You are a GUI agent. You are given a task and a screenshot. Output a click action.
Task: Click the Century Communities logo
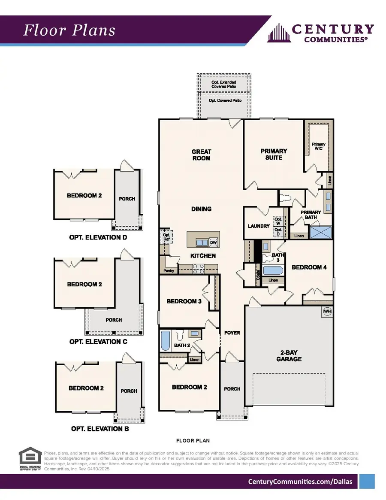click(x=320, y=33)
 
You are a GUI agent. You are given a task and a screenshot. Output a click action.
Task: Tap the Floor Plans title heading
click(x=69, y=30)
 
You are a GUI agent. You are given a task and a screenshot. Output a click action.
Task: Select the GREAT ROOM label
click(x=201, y=155)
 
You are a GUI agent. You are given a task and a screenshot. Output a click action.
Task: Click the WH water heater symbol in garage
click(x=327, y=312)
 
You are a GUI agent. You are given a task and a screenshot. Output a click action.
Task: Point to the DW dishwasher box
click(x=213, y=242)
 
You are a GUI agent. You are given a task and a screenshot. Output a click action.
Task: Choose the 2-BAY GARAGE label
click(x=289, y=356)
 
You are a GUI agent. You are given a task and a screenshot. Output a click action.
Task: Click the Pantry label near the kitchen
click(x=169, y=271)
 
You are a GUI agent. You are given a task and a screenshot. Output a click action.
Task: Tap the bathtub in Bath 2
click(x=165, y=341)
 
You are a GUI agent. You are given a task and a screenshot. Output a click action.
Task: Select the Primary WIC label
click(x=318, y=146)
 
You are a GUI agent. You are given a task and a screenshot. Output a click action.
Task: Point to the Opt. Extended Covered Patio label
click(x=223, y=84)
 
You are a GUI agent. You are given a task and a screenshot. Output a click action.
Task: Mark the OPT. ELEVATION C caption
click(x=98, y=342)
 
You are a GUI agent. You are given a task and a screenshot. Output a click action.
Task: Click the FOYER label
click(x=232, y=333)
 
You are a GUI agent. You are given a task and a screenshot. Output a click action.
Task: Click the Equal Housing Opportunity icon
click(x=30, y=459)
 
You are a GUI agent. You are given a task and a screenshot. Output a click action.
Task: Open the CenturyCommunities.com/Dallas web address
click(x=300, y=482)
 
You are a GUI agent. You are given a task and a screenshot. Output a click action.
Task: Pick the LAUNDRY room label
click(x=259, y=226)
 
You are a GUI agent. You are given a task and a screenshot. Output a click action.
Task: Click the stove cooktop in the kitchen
click(x=198, y=269)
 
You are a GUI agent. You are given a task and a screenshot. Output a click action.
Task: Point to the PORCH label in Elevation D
click(x=127, y=199)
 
